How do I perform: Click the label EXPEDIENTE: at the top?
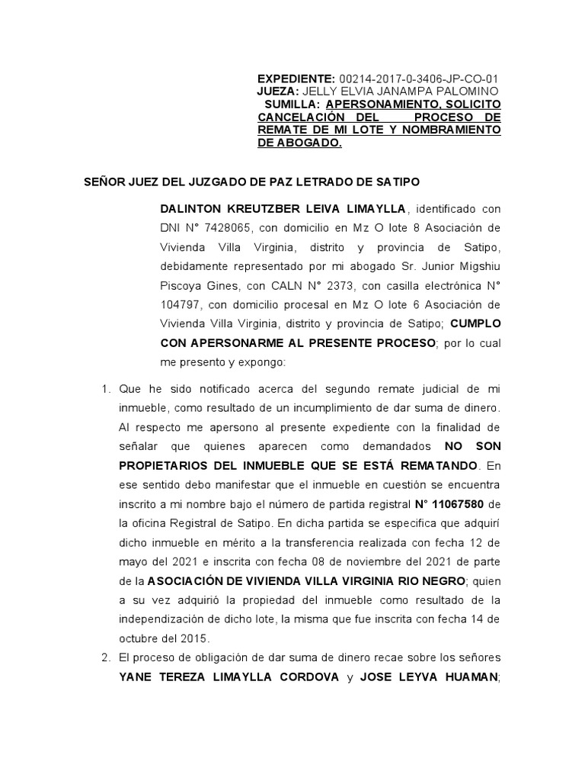pos(296,79)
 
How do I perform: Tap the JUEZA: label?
pos(281,91)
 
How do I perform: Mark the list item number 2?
pos(107,657)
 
